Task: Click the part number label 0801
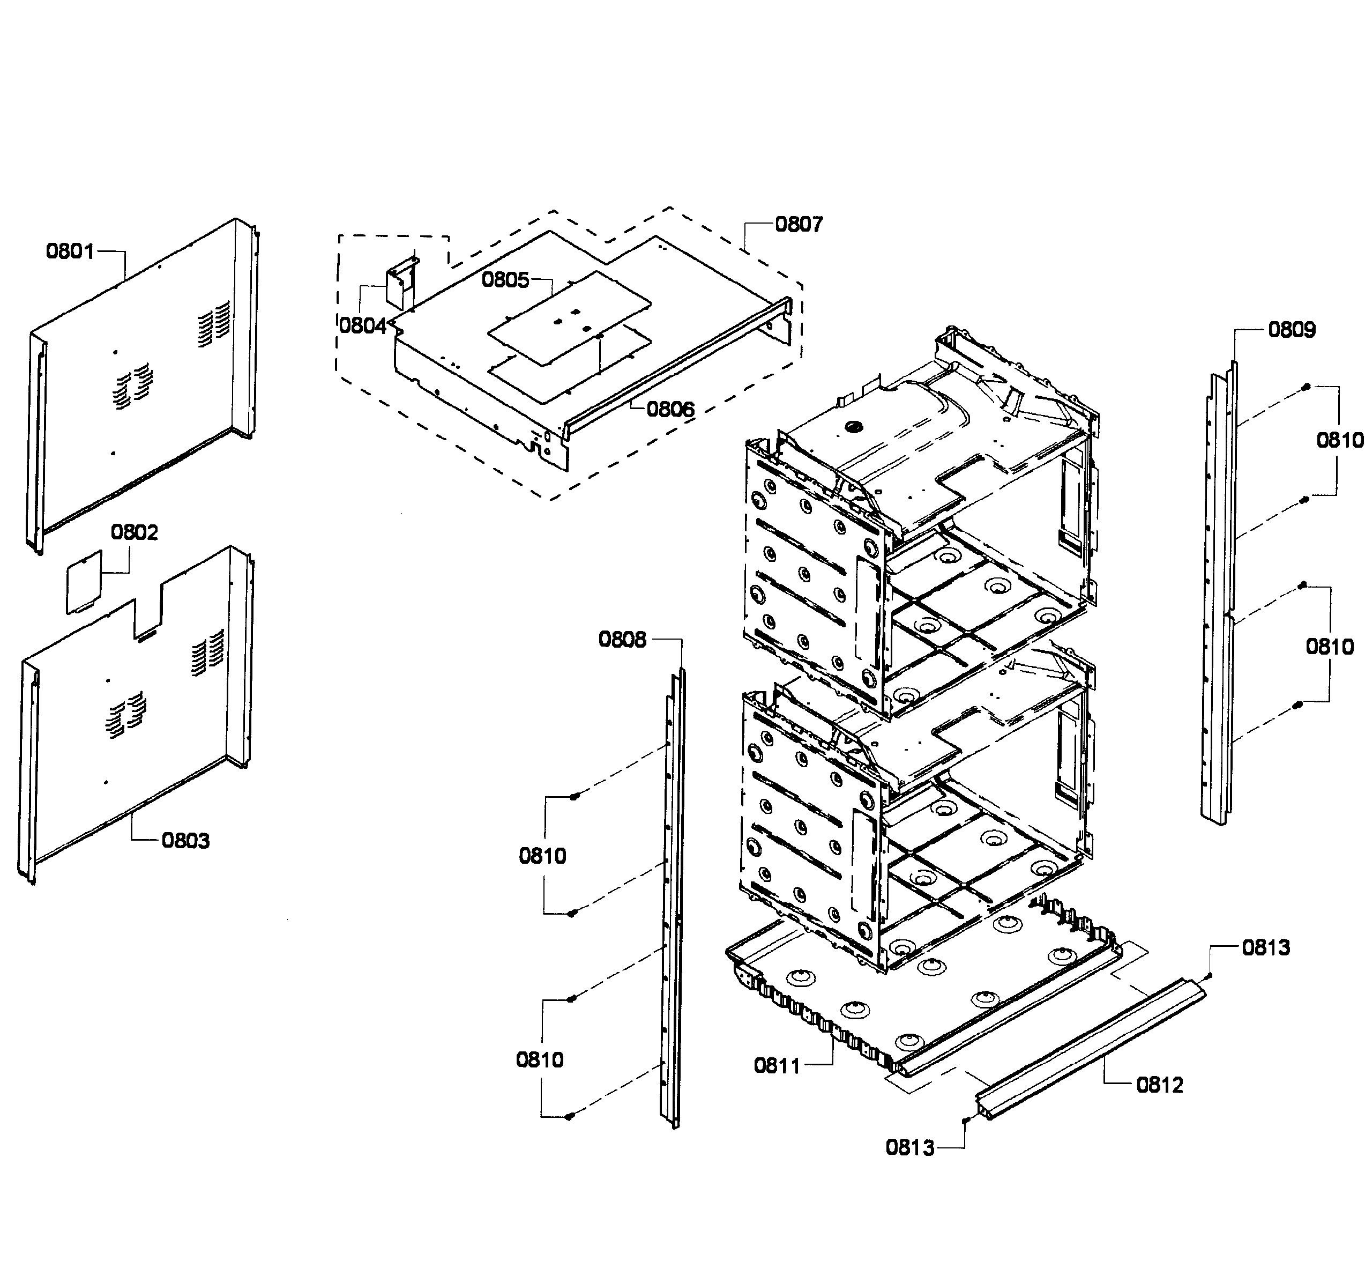(x=70, y=251)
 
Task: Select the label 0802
(x=135, y=532)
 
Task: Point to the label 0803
(x=185, y=841)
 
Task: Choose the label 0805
(x=505, y=280)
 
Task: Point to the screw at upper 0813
(x=1209, y=976)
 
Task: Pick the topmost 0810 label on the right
(x=1339, y=440)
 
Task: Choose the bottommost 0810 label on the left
(x=540, y=1060)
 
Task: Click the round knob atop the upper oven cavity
(x=855, y=427)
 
